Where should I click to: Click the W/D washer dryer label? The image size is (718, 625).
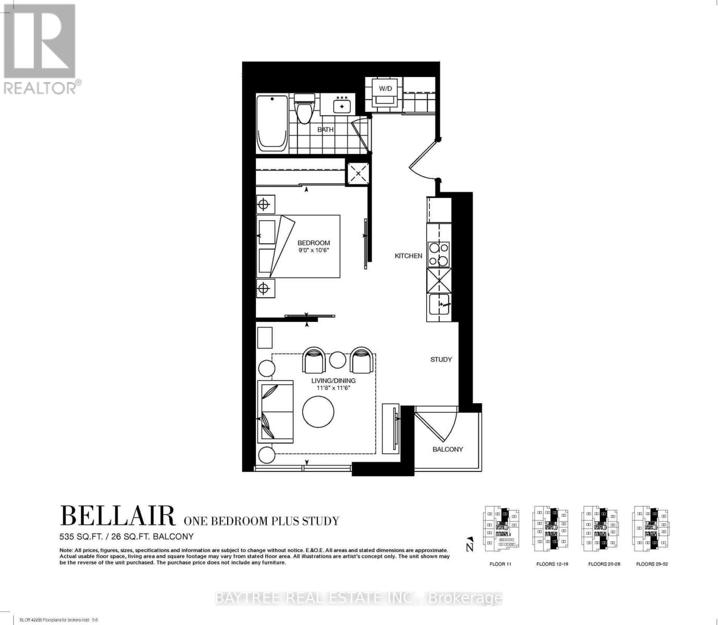(385, 89)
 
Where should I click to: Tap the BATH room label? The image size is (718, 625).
(326, 130)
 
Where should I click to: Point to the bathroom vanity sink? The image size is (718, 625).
(342, 105)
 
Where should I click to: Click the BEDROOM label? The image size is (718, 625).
(314, 243)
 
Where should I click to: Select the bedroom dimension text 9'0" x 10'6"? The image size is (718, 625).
(314, 251)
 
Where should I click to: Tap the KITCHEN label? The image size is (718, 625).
(408, 256)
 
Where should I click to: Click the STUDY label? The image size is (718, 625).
(441, 359)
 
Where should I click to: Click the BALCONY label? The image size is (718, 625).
(448, 449)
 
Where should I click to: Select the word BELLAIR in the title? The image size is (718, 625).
(118, 516)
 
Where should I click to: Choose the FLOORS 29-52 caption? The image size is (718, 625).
(652, 564)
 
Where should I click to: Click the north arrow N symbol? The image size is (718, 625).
(470, 544)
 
